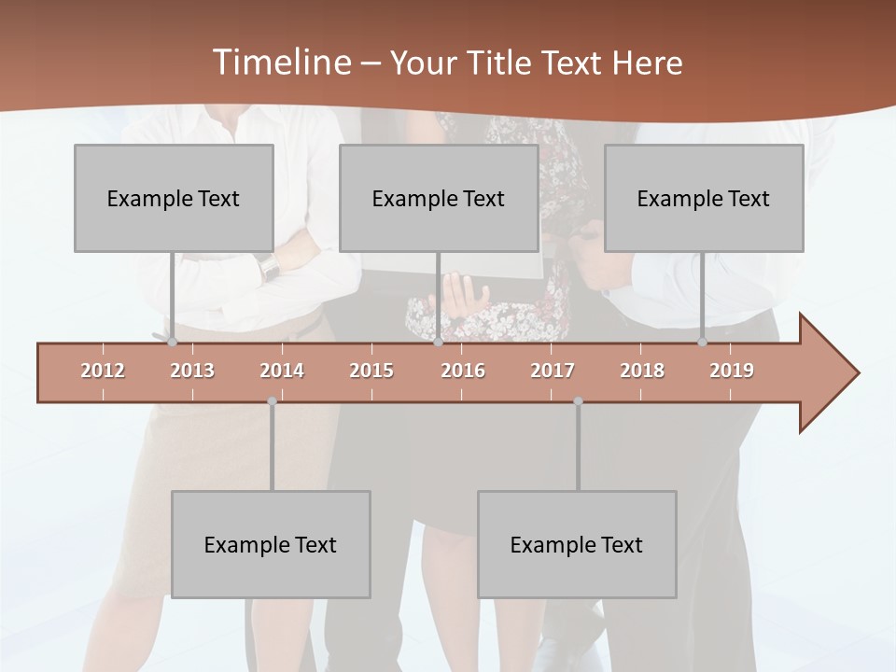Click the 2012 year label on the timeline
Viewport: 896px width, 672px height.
pos(103,371)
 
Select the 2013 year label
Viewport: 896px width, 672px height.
pos(192,371)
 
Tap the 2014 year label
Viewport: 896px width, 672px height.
pos(282,371)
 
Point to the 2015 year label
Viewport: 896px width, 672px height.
pos(371,371)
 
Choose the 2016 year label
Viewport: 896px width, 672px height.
pos(463,371)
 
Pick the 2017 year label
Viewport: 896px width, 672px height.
pos(553,371)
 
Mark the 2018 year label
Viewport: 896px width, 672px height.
pos(642,371)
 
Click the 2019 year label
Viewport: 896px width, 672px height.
pos(732,371)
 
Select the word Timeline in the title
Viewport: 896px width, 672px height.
pos(279,63)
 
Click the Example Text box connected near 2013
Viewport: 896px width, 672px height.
pos(174,198)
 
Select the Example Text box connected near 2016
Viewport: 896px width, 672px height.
pos(439,198)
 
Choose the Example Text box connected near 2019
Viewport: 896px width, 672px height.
pos(704,198)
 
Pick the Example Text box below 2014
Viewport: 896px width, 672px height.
pos(271,544)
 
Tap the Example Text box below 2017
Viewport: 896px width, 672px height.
pos(577,544)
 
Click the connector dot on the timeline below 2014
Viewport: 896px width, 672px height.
pos(272,401)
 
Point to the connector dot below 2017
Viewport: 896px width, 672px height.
pos(578,401)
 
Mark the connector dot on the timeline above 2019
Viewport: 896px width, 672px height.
pos(702,343)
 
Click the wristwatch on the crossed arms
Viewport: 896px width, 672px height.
pos(270,268)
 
